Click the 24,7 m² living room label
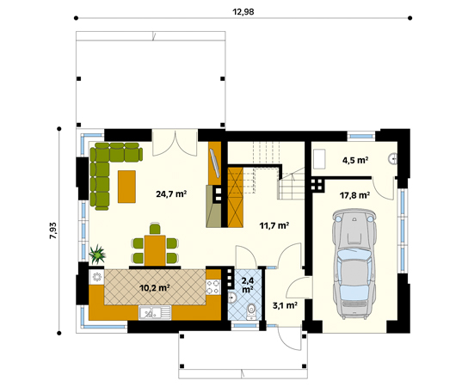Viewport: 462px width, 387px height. [x=171, y=194]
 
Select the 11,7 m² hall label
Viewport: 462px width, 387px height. [x=274, y=225]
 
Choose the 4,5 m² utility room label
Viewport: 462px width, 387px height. [x=354, y=160]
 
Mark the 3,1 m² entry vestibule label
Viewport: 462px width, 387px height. [x=285, y=304]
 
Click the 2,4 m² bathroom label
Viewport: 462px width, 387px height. [x=248, y=284]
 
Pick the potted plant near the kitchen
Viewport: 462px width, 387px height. [x=97, y=255]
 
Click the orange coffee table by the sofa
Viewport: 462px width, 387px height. [x=127, y=187]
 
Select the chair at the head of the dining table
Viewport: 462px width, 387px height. [x=154, y=228]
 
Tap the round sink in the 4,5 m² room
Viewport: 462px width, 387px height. [x=392, y=158]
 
